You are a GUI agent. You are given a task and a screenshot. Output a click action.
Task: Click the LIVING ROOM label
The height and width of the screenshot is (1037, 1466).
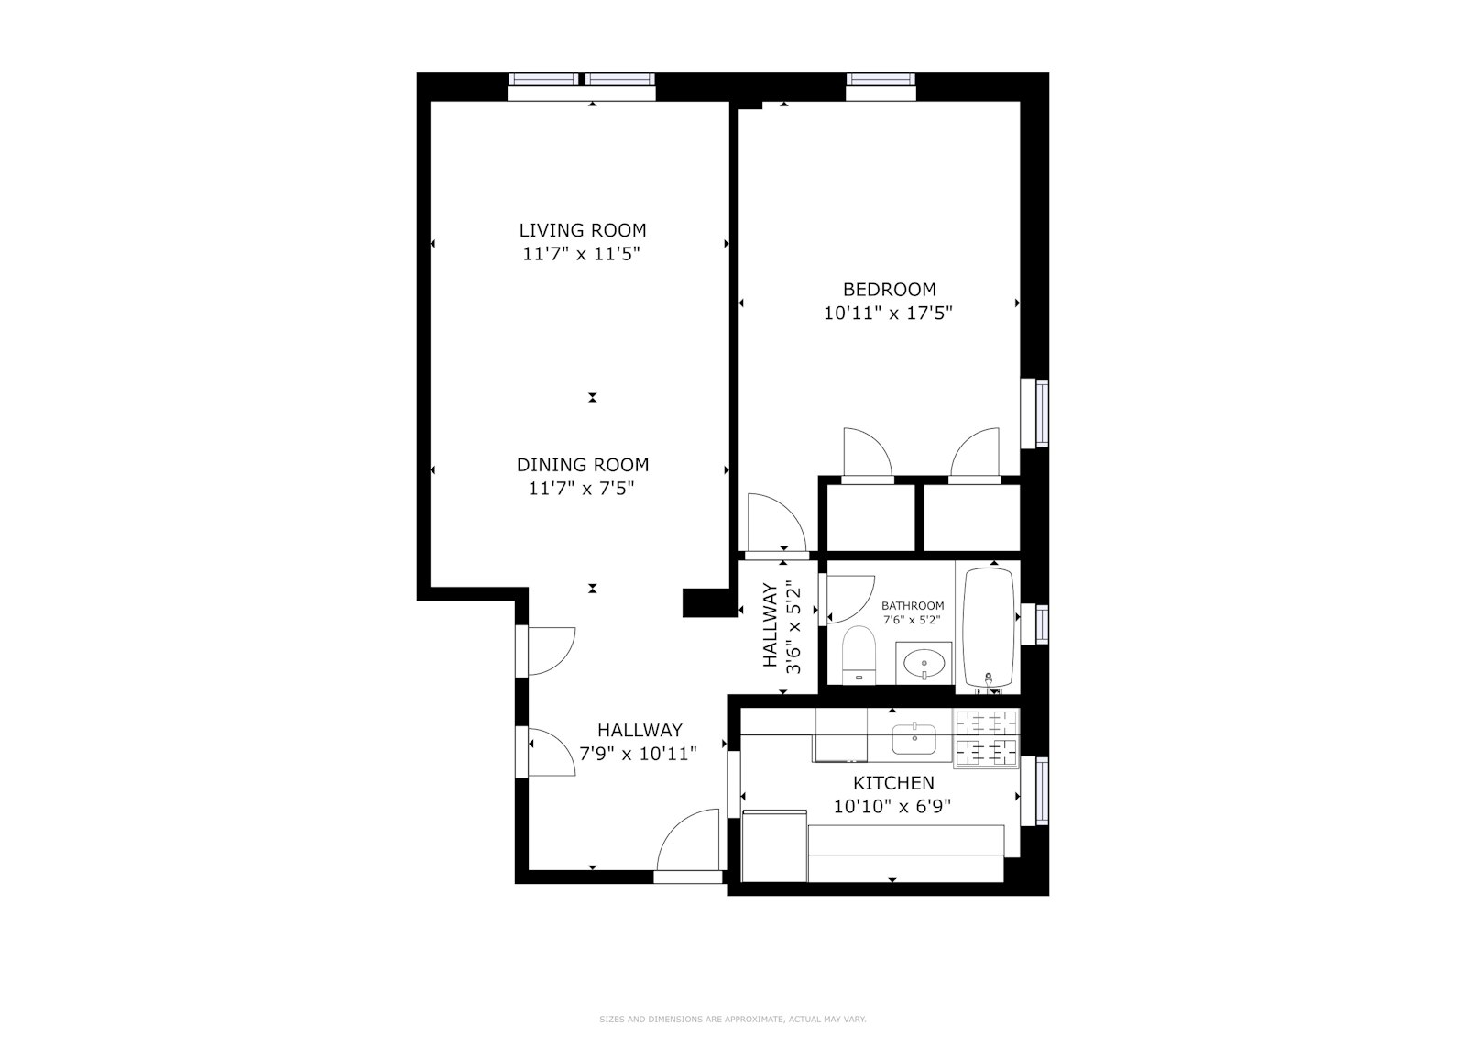click(x=583, y=230)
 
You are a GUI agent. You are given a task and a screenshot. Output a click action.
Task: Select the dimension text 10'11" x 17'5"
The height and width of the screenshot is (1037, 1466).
click(x=888, y=313)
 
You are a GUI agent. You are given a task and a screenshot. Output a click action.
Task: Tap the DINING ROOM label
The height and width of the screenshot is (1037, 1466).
click(x=583, y=465)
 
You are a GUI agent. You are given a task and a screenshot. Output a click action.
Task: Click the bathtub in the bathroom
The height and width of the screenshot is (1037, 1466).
click(x=989, y=628)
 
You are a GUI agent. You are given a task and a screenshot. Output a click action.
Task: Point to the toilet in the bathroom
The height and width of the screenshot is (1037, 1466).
click(x=859, y=654)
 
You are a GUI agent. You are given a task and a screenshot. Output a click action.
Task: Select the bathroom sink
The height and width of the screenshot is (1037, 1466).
click(x=924, y=661)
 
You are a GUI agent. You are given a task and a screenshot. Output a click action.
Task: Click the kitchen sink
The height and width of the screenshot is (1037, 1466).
click(x=914, y=738)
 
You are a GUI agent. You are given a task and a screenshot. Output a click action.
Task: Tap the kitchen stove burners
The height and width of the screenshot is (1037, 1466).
click(x=987, y=738)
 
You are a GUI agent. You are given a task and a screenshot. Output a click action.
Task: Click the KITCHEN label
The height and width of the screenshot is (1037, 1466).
click(x=893, y=783)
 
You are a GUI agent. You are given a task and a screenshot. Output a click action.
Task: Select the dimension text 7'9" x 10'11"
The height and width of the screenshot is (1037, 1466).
click(x=639, y=755)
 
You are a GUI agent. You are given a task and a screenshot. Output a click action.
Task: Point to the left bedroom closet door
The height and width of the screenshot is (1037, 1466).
click(x=865, y=453)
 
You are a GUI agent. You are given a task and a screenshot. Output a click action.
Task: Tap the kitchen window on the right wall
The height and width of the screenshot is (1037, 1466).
click(x=1041, y=790)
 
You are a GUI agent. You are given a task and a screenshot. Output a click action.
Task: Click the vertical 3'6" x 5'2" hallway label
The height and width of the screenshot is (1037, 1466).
click(x=783, y=628)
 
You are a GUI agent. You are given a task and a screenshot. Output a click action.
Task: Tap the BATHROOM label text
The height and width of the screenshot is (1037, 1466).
click(x=913, y=606)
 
